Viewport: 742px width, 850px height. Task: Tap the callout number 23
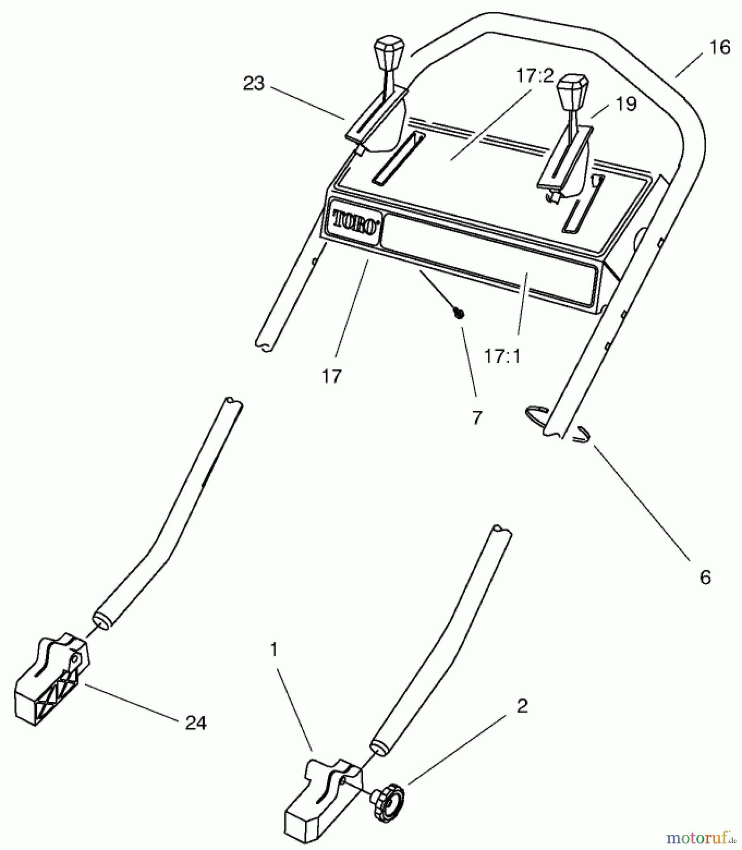click(x=254, y=84)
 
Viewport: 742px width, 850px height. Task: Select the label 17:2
click(x=534, y=76)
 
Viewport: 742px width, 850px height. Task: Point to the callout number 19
click(x=626, y=103)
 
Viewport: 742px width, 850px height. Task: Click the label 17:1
click(x=502, y=356)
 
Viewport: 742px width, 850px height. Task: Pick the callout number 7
click(x=477, y=417)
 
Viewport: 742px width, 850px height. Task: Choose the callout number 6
click(x=705, y=577)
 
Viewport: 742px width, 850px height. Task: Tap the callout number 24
click(x=196, y=723)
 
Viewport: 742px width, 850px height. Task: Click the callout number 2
click(x=521, y=706)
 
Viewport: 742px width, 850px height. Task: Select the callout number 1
click(x=274, y=650)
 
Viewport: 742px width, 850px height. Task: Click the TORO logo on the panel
click(x=355, y=221)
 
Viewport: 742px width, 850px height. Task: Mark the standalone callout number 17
click(x=331, y=376)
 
